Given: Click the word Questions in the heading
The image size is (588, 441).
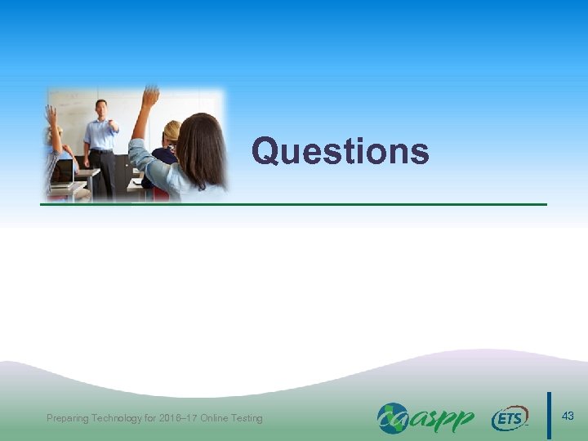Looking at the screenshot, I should pos(340,151).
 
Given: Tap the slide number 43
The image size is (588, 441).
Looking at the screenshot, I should pos(568,416).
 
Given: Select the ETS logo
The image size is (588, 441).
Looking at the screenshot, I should pos(510,419).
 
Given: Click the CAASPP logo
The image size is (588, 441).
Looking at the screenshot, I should pos(425,418).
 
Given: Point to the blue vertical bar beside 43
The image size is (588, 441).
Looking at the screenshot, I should pos(549,416).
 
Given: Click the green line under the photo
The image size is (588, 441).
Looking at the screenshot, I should pos(294,203).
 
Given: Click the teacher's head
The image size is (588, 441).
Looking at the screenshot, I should pos(101,107).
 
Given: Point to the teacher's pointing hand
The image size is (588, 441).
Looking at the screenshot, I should pos(114,127).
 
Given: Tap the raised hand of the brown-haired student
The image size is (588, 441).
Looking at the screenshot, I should pos(149,96).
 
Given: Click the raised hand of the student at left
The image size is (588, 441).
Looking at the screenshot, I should pos(51,115).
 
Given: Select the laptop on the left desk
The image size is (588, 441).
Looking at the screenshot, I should pos(62,172).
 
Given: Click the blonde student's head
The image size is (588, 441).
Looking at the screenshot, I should pos(172,131).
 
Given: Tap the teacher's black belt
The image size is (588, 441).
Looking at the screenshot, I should pos(101,151).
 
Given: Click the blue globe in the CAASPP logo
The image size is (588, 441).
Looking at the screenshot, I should pos(391,417).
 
